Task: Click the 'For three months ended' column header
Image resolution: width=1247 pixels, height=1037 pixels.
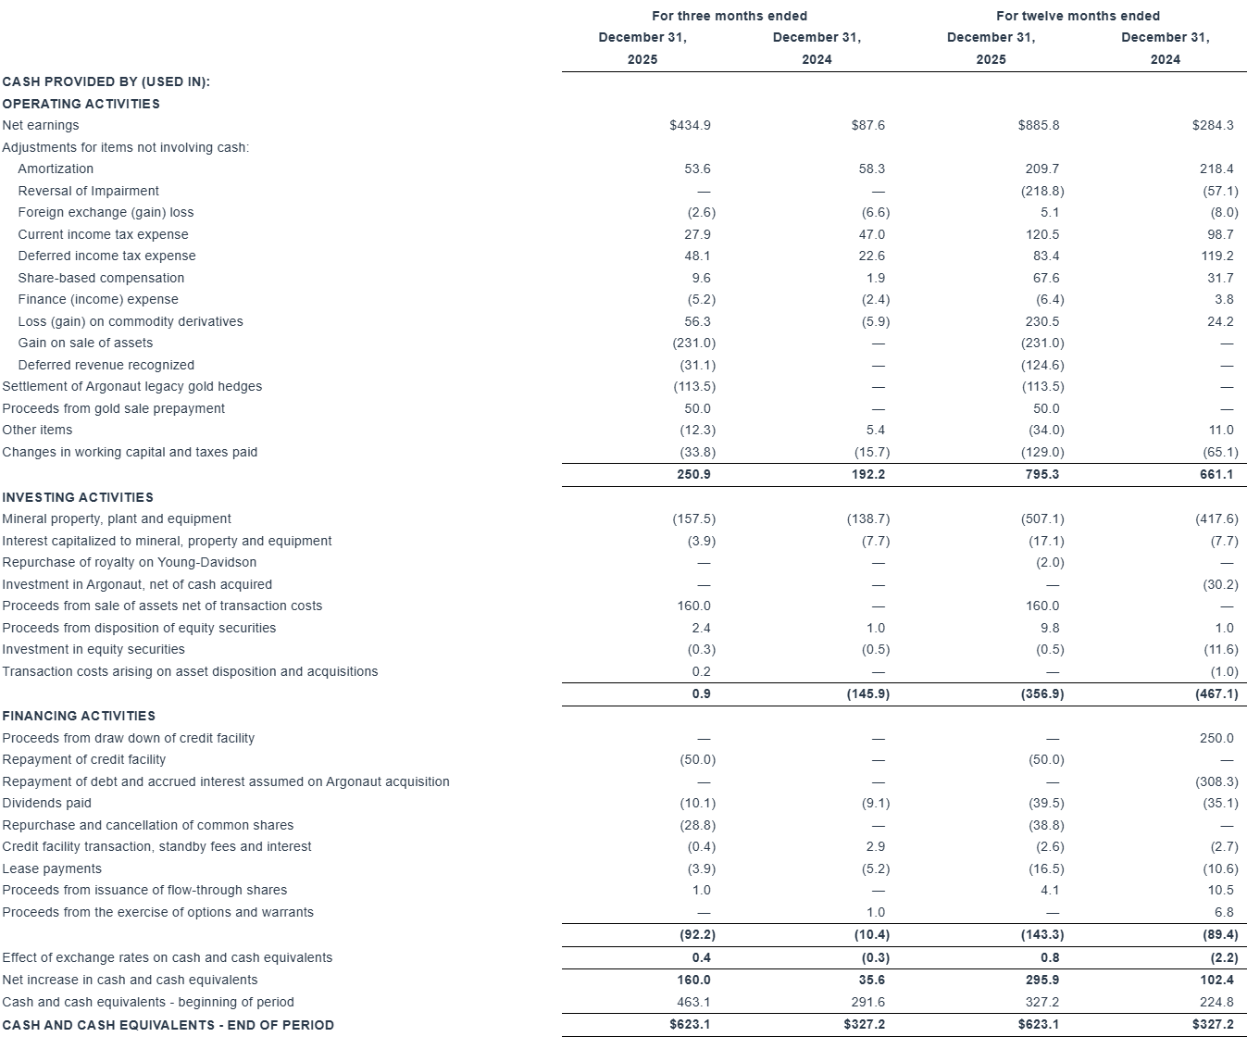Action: click(x=729, y=16)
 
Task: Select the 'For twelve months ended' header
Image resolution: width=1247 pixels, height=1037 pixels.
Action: click(x=1078, y=16)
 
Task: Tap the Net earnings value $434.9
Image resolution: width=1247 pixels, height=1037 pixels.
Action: click(x=690, y=125)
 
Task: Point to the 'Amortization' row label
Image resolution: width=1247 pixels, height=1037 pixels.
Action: click(x=56, y=169)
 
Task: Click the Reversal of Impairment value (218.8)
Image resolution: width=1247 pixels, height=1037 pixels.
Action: click(x=1042, y=191)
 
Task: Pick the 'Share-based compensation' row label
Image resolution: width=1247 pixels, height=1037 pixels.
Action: click(x=101, y=278)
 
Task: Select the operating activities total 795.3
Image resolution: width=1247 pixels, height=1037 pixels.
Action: click(x=1042, y=474)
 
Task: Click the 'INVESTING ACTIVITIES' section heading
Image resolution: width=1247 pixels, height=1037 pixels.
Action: click(x=78, y=497)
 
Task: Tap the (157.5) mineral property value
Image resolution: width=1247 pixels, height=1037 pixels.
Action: click(x=693, y=519)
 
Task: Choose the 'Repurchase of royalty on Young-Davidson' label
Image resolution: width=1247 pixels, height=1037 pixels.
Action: click(x=130, y=562)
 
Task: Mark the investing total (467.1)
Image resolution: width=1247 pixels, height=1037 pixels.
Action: click(x=1216, y=693)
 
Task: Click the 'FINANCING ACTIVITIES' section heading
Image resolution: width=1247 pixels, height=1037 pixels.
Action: click(x=79, y=716)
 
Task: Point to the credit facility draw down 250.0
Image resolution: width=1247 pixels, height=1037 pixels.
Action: click(x=1216, y=738)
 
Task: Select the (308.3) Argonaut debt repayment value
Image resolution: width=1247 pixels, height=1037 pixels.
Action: click(x=1216, y=781)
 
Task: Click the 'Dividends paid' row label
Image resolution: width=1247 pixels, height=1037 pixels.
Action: click(x=47, y=803)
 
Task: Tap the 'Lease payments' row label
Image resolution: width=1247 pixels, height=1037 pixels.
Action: click(x=52, y=868)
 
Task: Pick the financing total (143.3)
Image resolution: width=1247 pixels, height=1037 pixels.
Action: click(x=1042, y=935)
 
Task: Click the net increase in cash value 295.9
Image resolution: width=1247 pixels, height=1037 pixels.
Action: click(x=1042, y=980)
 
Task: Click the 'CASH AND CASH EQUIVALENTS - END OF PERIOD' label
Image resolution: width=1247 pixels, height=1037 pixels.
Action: click(x=168, y=1025)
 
